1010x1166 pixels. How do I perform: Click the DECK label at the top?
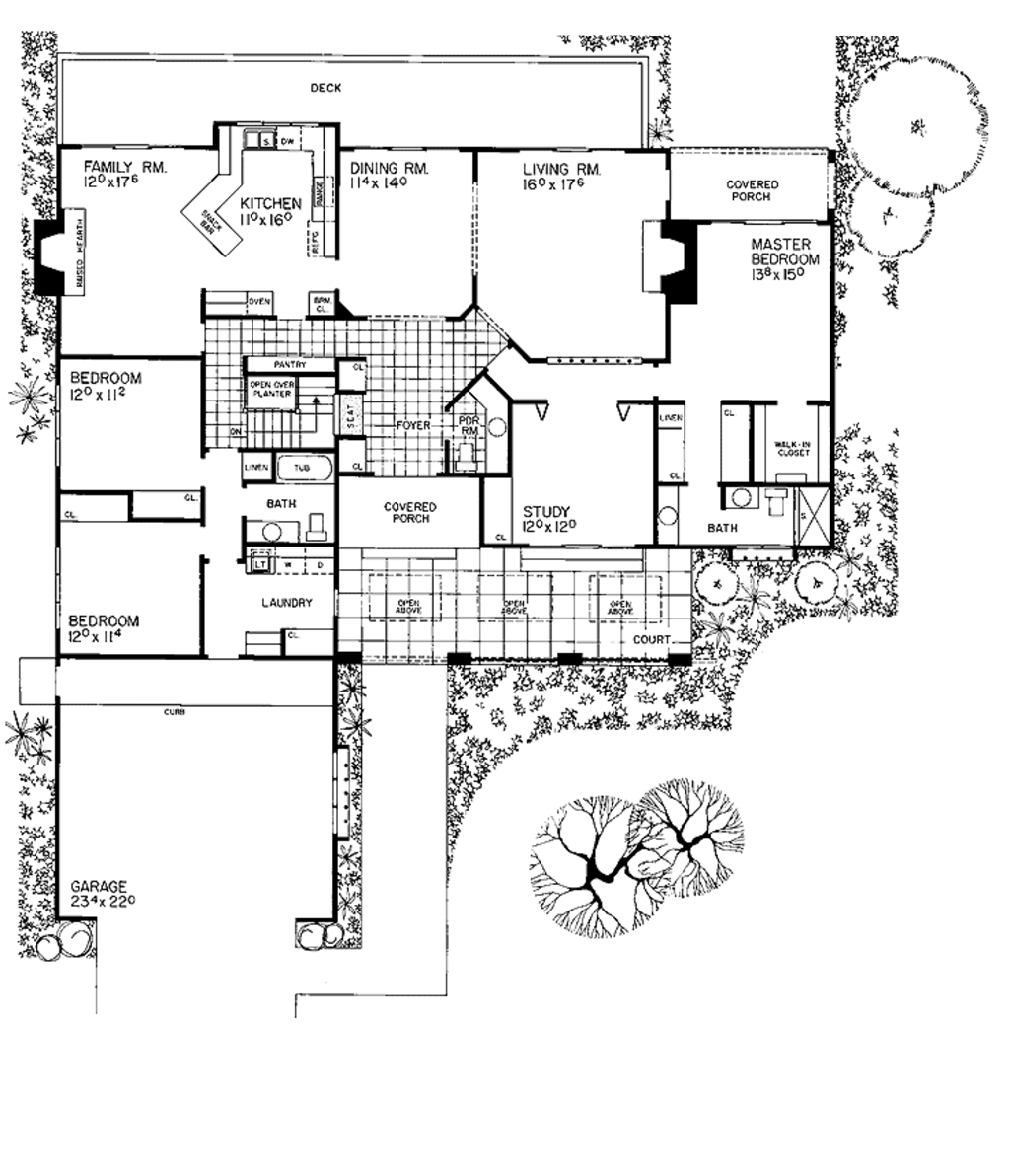(325, 88)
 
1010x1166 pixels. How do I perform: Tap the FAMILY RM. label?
(125, 168)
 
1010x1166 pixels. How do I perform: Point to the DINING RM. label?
(390, 169)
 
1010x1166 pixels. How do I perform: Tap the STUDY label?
(546, 511)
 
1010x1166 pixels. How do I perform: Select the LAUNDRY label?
(287, 603)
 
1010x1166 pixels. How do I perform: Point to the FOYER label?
(414, 426)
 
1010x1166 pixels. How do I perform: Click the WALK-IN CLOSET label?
(791, 451)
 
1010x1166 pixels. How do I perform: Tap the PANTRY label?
(290, 365)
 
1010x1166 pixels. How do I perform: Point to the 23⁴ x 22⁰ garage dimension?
(108, 902)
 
